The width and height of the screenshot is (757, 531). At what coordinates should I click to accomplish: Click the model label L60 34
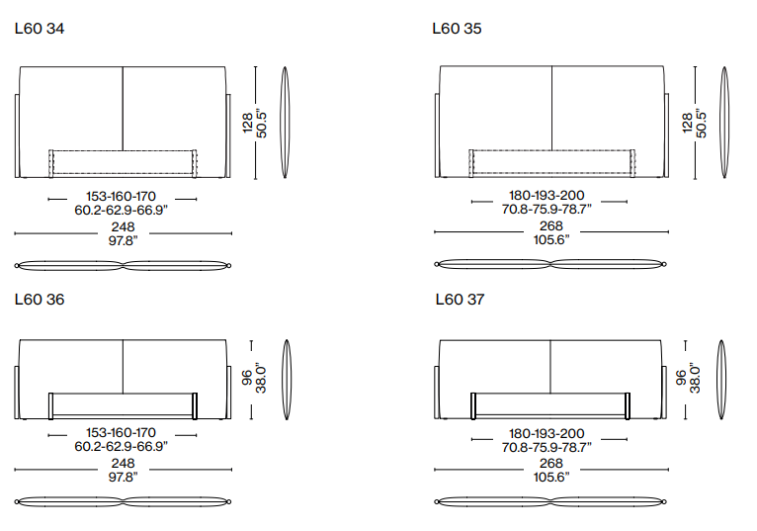(40, 29)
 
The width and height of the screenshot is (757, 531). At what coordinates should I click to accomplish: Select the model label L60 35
(457, 29)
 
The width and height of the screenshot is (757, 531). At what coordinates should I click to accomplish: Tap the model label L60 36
(40, 300)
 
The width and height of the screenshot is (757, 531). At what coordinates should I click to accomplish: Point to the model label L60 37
(460, 300)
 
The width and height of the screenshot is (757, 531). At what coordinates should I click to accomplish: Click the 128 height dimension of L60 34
(247, 123)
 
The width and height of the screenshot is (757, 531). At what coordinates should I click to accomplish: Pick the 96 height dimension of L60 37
(681, 378)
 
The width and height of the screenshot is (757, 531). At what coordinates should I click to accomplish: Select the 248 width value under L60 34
(124, 226)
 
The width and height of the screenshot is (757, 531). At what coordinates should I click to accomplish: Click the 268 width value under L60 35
(551, 225)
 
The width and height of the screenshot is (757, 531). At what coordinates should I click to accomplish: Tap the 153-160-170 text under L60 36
(122, 432)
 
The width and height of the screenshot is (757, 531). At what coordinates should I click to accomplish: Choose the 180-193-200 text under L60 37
(547, 433)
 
